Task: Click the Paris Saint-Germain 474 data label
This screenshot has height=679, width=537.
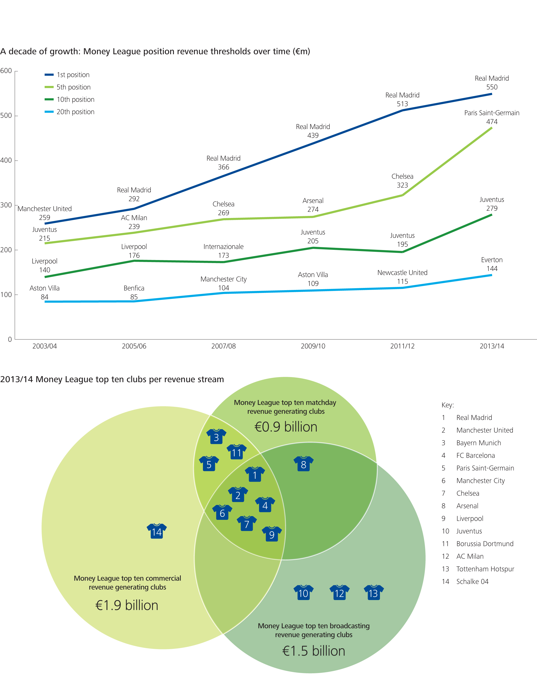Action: pos(492,117)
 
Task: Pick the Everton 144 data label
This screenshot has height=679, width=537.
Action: pos(492,264)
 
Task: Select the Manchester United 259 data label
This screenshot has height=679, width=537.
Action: pos(45,213)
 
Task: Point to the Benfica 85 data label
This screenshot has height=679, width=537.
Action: pos(134,292)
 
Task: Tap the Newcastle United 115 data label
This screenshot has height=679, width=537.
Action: pos(402,277)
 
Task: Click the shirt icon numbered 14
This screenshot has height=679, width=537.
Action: pos(157,531)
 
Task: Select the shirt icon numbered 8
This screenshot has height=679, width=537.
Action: pos(303,464)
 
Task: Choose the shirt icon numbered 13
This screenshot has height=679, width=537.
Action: pos(373,593)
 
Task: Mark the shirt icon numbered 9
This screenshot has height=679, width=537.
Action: pos(272,534)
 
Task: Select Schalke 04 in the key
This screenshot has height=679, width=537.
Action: pos(472,582)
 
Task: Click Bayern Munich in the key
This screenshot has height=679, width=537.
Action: pos(478,443)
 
